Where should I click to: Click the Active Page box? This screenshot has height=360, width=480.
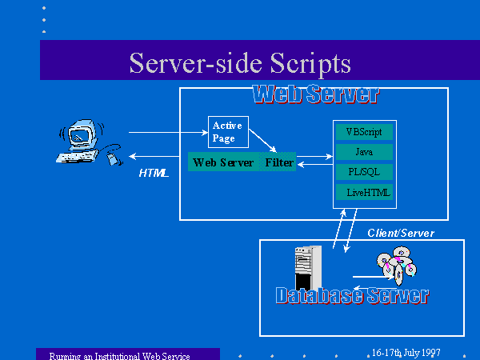pyautogui.click(x=228, y=132)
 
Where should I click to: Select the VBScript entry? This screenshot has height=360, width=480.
pyautogui.click(x=364, y=132)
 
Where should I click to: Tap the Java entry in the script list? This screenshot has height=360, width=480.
pyautogui.click(x=364, y=152)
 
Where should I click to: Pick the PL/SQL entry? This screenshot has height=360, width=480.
pyautogui.click(x=364, y=172)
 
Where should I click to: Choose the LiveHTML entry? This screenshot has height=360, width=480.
pyautogui.click(x=364, y=192)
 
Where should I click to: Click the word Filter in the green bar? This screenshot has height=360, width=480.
pyautogui.click(x=279, y=162)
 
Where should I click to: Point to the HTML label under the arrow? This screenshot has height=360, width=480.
pyautogui.click(x=154, y=173)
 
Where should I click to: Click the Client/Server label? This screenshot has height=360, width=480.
pyautogui.click(x=401, y=234)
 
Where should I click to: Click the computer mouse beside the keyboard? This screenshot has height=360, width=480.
pyautogui.click(x=111, y=159)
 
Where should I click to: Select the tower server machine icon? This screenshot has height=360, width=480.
pyautogui.click(x=308, y=267)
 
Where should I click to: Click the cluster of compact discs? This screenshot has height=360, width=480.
pyautogui.click(x=397, y=265)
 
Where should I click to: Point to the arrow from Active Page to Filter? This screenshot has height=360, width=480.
pyautogui.click(x=262, y=141)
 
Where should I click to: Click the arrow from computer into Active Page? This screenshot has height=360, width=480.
pyautogui.click(x=168, y=132)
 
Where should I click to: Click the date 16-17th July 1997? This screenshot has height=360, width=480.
pyautogui.click(x=406, y=353)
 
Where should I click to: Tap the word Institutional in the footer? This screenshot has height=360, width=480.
pyautogui.click(x=118, y=356)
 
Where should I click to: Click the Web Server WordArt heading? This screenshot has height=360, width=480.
pyautogui.click(x=316, y=94)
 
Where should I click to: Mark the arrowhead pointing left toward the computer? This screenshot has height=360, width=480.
pyautogui.click(x=132, y=157)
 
